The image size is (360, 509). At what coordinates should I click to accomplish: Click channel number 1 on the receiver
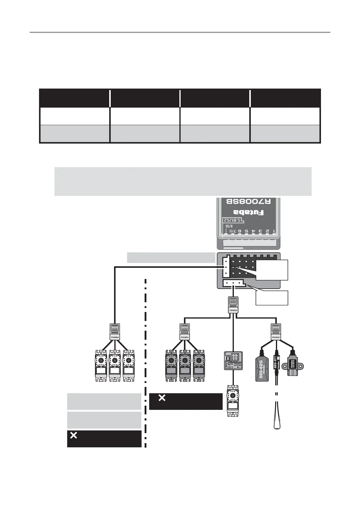tap(274, 231)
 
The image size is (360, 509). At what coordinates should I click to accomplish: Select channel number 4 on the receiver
tap(253, 231)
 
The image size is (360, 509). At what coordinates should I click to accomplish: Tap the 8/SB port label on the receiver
tap(229, 226)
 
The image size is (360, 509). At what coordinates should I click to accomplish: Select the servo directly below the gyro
tap(233, 400)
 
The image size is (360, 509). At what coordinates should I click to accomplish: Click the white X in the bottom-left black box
tap(74, 435)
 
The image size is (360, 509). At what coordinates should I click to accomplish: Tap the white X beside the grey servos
tap(162, 398)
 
